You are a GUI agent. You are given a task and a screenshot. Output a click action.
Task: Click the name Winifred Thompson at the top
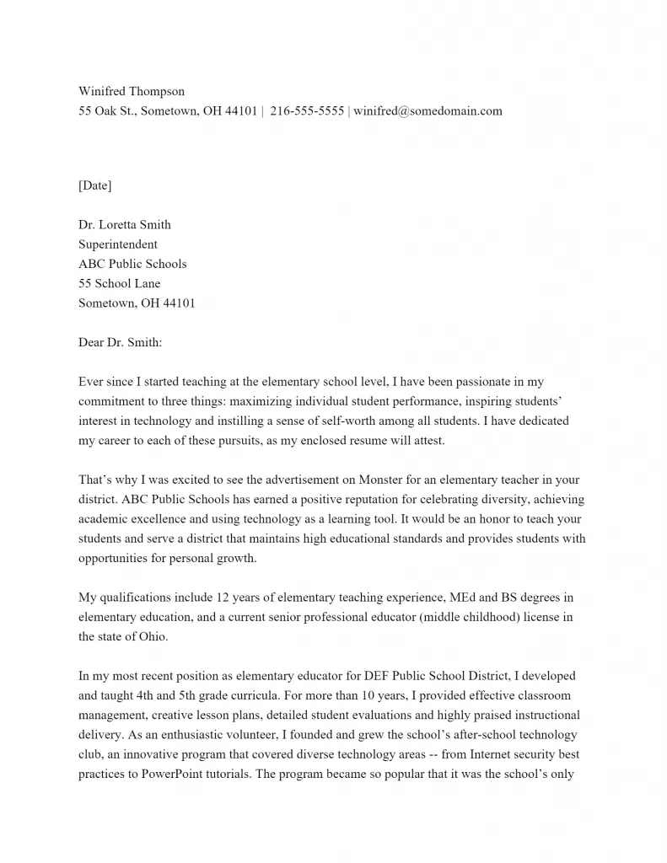point(132,91)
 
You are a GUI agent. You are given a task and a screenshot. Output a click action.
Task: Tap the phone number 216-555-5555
point(307,110)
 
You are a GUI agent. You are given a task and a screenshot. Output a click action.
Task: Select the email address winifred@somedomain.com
point(428,110)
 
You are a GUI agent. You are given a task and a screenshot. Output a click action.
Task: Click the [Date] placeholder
point(94,185)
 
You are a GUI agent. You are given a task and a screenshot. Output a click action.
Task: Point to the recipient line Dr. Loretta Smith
point(125,224)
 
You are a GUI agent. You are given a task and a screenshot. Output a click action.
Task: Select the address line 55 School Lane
point(119,283)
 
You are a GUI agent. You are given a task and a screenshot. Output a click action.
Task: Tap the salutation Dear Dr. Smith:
point(120,342)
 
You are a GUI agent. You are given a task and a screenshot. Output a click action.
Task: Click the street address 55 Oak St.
point(105,110)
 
